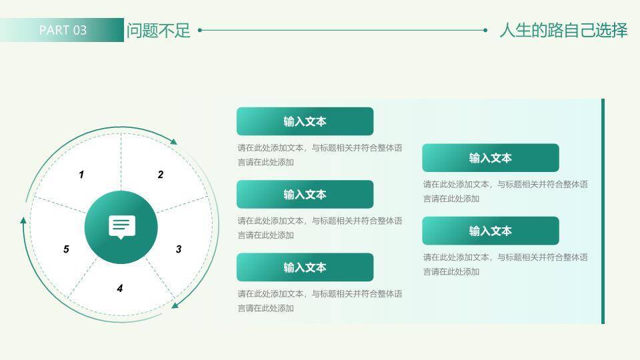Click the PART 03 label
tap(63, 30)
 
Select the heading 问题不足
tap(158, 31)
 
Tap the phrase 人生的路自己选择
tap(563, 31)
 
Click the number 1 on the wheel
tap(81, 175)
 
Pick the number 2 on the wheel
tap(161, 175)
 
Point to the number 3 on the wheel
tap(179, 249)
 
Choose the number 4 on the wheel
tap(120, 289)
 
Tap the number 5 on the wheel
tap(66, 249)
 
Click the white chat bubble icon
tap(121, 227)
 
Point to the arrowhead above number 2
tap(174, 141)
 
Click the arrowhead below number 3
tap(175, 305)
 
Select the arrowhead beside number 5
tap(24, 220)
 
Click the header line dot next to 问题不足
tap(200, 30)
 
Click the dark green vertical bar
tap(603, 211)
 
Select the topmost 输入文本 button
tap(305, 121)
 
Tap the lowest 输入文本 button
tap(305, 267)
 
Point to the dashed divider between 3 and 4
tap(160, 277)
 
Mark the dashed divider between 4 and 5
tap(83, 277)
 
